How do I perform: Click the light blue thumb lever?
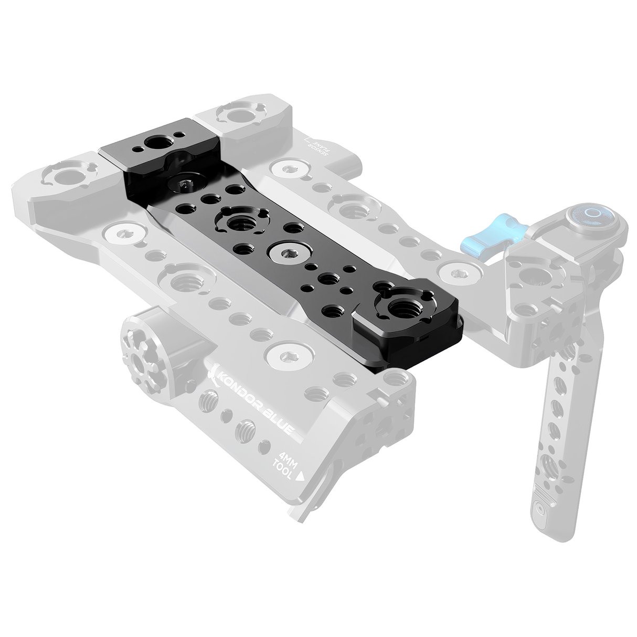pos(481,237)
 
